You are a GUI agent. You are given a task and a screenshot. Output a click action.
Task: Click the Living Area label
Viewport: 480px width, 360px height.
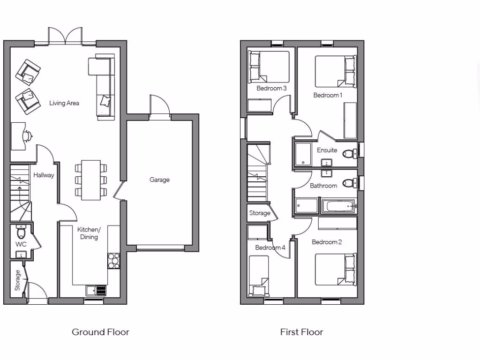coord(64,103)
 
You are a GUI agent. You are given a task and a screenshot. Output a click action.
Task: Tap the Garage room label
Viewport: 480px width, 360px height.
coord(159,180)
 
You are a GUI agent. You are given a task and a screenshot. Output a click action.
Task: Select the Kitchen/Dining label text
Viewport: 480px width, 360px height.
coord(89,233)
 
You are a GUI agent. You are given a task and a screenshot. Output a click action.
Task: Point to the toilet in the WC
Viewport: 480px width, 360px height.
coord(21,232)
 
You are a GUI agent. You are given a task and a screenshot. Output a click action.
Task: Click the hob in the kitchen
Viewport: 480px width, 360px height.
coord(114,261)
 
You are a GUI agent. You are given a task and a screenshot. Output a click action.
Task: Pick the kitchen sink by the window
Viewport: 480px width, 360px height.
coord(96,291)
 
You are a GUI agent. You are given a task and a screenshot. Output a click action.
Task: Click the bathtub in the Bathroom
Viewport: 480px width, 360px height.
coord(338,206)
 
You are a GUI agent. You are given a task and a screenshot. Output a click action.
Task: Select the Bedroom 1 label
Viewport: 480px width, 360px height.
coord(328,95)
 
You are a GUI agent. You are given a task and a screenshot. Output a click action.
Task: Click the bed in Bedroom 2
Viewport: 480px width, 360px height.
coord(335,270)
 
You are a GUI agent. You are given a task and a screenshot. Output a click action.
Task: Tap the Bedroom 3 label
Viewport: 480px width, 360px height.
coord(271,88)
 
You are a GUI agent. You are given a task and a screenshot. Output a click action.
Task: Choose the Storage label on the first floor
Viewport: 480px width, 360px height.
coord(259,213)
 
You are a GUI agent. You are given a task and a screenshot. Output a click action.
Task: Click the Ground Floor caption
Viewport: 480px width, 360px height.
coord(100,332)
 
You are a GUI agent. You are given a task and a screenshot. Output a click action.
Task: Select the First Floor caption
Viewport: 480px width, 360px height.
coord(301,332)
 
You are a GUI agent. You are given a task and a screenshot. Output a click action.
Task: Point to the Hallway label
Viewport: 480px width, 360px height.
coord(44,175)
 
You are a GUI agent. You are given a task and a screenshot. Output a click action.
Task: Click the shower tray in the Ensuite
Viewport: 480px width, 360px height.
coord(303,155)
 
